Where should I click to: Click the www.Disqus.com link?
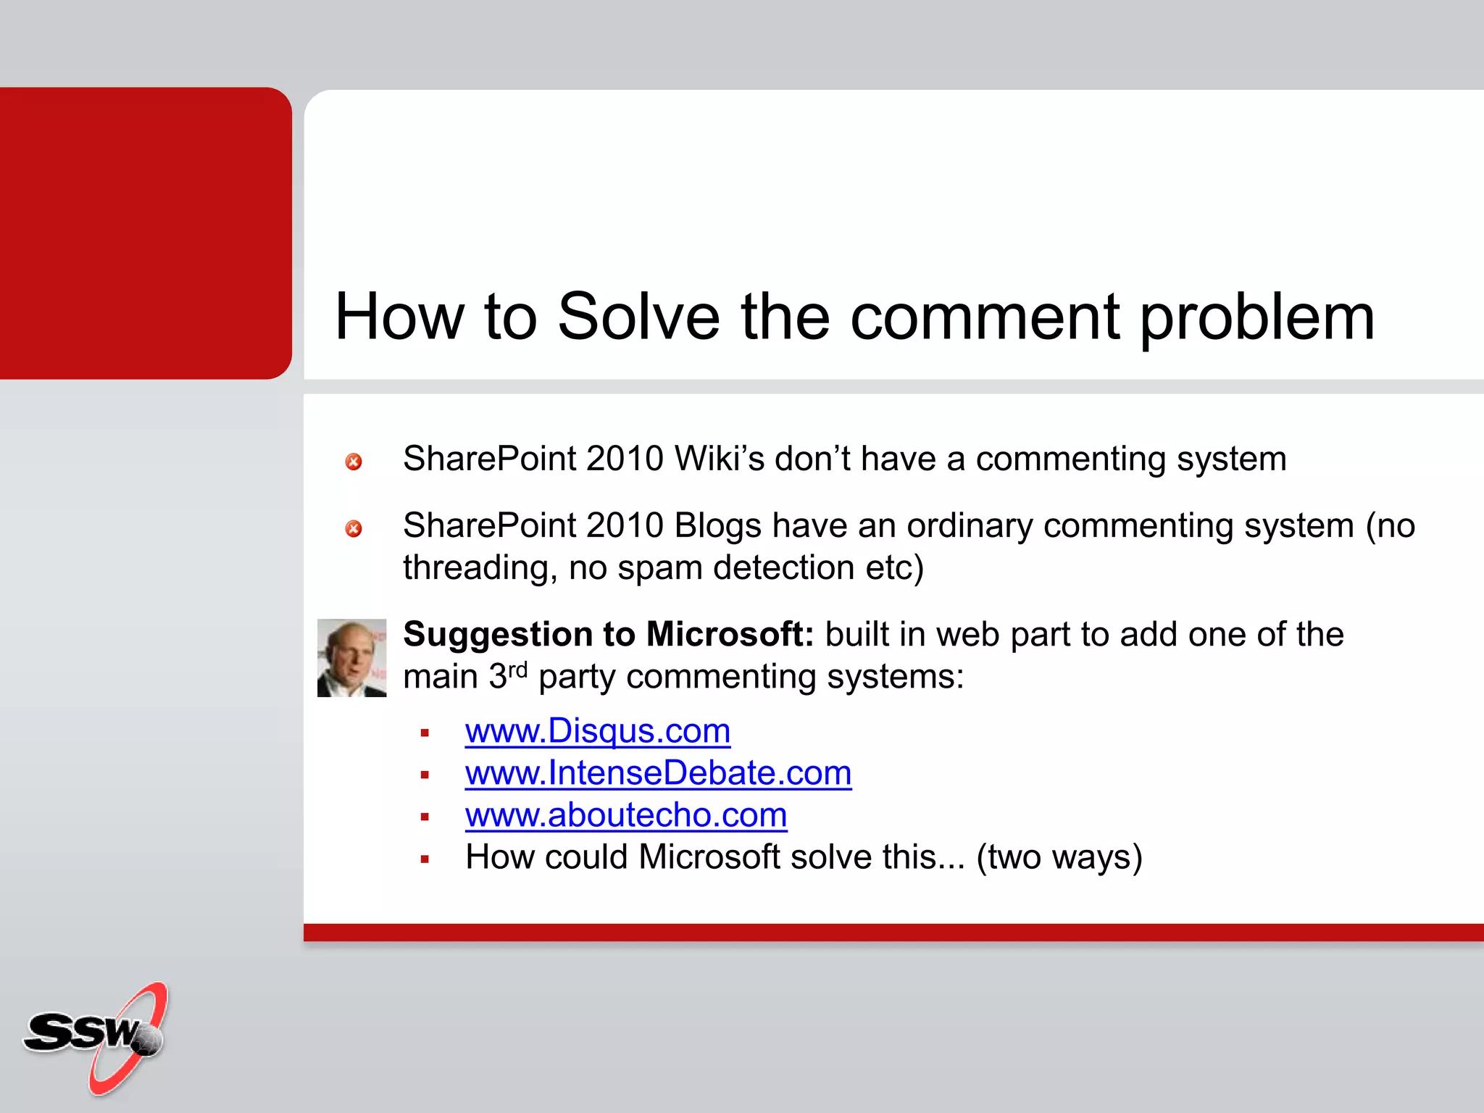597,730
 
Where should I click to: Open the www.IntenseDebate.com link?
658,772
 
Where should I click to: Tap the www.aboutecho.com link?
626,814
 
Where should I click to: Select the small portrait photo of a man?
352,657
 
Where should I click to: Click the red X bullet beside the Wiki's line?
354,462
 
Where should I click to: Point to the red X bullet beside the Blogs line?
354,528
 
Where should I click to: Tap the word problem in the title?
1256,319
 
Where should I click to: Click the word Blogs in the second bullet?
717,526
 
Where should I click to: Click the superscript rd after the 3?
517,670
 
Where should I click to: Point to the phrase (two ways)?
1059,857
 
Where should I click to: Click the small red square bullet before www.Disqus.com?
425,733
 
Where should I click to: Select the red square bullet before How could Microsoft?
425,859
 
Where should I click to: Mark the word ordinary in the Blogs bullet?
970,526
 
